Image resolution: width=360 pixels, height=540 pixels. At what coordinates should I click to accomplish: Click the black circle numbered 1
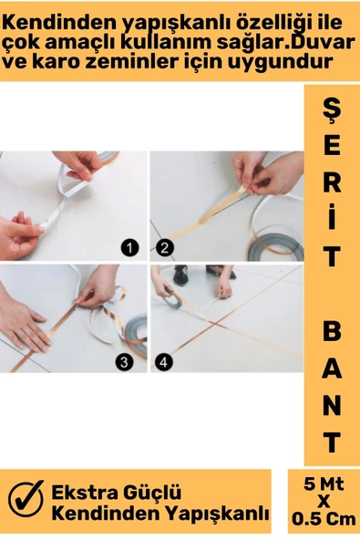[129, 248]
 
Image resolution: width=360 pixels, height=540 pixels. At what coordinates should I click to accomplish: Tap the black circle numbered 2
[165, 248]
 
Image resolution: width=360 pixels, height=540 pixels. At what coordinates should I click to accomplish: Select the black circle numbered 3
[124, 362]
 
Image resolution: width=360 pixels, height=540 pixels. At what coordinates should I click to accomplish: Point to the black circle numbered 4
[164, 362]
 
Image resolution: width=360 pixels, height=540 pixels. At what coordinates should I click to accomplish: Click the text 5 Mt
[324, 484]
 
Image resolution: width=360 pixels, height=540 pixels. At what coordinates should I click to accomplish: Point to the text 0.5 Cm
[324, 519]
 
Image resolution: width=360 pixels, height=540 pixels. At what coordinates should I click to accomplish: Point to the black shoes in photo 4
[203, 275]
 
